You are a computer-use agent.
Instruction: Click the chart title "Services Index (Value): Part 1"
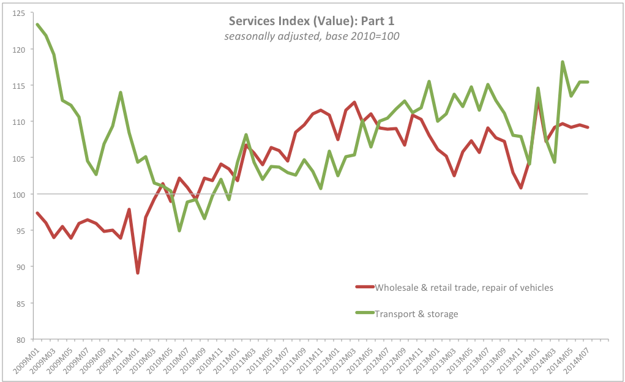pos(312,21)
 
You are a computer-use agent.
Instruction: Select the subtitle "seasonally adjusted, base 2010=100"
pos(312,36)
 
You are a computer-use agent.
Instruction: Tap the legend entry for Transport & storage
pos(406,314)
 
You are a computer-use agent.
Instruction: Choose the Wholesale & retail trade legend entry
pos(454,288)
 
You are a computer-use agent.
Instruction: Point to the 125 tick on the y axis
pos(18,13)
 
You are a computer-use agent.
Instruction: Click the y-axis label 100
pos(18,195)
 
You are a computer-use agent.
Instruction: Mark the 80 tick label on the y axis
pos(20,340)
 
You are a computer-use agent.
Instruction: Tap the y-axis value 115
pos(18,86)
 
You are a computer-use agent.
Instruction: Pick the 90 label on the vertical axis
pos(20,267)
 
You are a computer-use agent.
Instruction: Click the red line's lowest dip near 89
pos(138,273)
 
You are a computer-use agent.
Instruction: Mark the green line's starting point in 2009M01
pos(37,24)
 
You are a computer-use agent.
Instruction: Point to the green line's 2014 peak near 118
pos(563,62)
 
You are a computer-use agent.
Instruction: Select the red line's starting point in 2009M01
pos(37,213)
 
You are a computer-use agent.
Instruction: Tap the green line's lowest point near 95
pos(179,230)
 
